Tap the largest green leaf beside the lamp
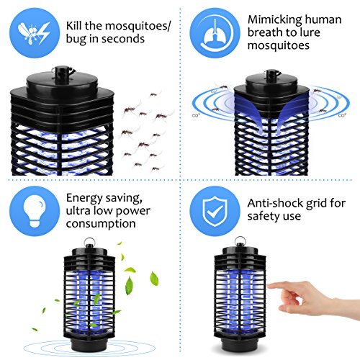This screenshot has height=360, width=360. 153,278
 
